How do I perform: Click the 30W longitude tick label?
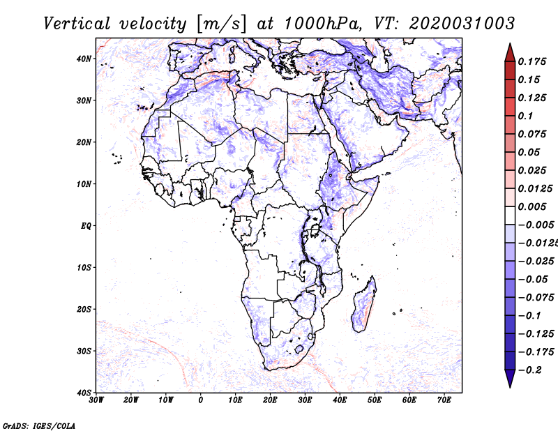click(x=97, y=400)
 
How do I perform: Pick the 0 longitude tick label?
click(x=201, y=400)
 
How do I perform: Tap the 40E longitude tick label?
click(x=340, y=400)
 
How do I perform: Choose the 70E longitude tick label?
click(x=444, y=400)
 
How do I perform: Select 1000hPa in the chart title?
click(x=320, y=23)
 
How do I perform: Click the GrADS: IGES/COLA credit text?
click(x=39, y=425)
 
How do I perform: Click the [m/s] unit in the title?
click(x=222, y=24)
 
